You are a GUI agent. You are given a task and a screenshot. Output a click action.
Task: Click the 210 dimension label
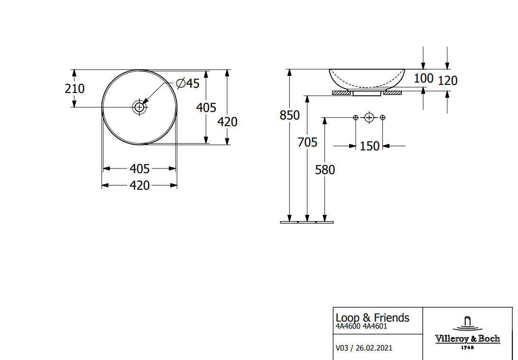tap(74, 89)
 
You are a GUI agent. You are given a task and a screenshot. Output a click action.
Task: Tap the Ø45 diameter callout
tap(188, 83)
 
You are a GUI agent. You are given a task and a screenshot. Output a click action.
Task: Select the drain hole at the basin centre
tap(139, 107)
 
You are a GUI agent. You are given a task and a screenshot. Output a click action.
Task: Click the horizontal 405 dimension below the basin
tap(139, 169)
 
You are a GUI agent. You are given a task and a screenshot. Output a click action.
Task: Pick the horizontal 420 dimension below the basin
tap(139, 185)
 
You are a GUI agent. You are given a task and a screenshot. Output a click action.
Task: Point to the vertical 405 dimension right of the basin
tap(206, 107)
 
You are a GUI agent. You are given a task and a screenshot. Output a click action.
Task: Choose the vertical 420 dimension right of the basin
tap(227, 122)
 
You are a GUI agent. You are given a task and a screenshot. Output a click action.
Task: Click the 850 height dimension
tap(290, 115)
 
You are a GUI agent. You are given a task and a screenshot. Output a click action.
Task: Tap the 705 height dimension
tap(307, 142)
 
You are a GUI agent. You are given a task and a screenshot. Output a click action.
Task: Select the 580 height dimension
tap(325, 170)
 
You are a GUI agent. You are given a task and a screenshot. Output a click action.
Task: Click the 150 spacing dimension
tap(370, 146)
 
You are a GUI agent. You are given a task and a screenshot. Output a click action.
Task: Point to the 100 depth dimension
tap(424, 78)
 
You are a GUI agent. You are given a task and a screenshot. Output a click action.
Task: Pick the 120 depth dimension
tap(448, 81)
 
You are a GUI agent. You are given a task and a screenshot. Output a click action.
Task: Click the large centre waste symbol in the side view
tap(369, 117)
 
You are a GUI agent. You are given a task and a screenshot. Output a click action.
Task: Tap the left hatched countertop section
tap(341, 93)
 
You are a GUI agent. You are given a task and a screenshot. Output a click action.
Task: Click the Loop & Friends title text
tap(372, 318)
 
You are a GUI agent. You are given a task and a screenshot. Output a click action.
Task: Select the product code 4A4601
tap(375, 326)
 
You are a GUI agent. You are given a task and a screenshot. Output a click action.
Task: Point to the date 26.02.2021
tap(374, 348)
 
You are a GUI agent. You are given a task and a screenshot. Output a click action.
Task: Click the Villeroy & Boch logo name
tap(467, 339)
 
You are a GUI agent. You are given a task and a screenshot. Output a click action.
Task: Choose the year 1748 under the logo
tap(467, 348)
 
